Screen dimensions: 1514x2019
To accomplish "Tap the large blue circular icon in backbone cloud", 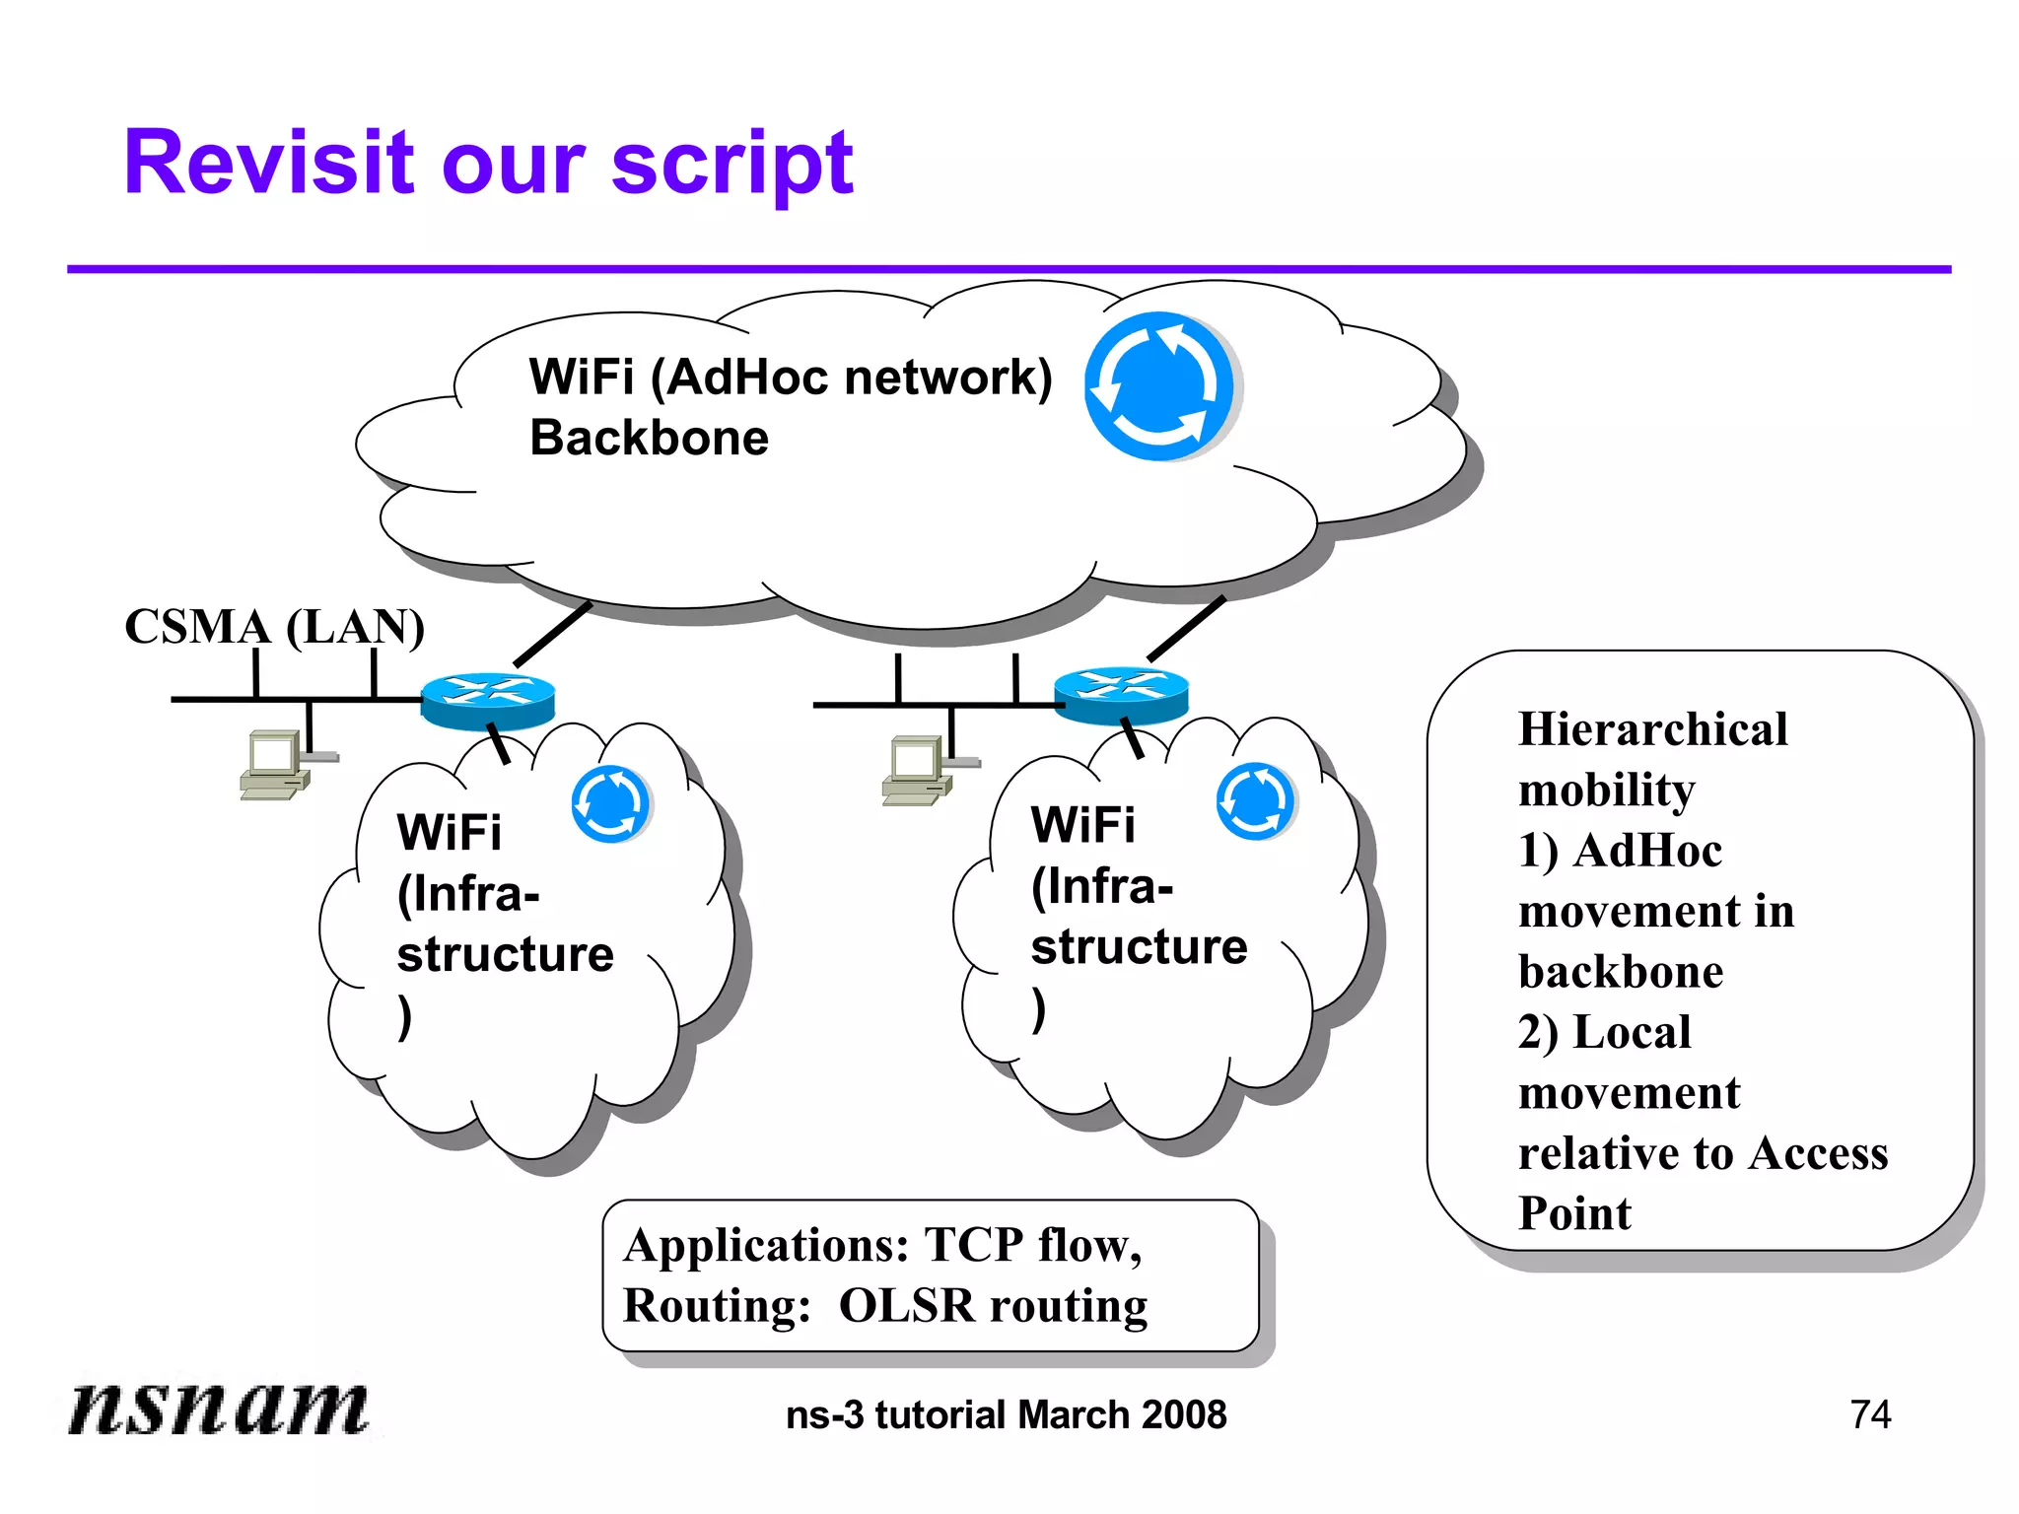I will coord(1159,386).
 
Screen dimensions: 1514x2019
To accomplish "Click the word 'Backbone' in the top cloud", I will coord(649,438).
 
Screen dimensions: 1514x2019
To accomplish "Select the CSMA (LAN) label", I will coord(274,627).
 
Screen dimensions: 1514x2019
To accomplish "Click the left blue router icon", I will coord(488,700).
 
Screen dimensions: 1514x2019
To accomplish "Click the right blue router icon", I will coord(1121,695).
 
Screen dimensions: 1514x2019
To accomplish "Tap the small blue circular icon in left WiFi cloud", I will coord(610,804).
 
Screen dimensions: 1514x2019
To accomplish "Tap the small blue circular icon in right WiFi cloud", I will coord(1255,800).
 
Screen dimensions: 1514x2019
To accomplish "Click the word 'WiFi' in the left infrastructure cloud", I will coord(449,833).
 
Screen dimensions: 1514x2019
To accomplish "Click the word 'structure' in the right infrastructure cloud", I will coord(1139,946).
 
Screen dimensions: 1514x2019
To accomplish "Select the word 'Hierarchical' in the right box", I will coord(1652,729).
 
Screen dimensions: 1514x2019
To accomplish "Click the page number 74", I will coord(1870,1414).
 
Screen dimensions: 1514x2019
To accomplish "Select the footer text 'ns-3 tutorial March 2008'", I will coord(1006,1414).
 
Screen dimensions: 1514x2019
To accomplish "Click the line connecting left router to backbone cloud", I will coord(552,634).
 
